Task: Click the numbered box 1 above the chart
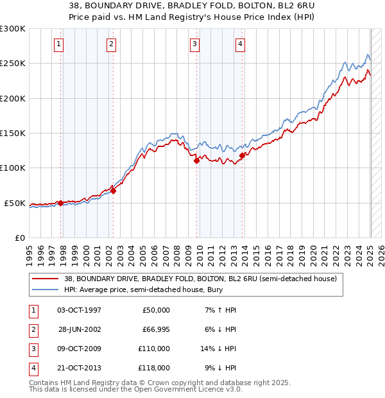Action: tap(58, 44)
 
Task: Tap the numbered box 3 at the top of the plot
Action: tap(194, 44)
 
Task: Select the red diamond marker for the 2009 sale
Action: tap(197, 161)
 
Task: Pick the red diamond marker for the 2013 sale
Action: tap(242, 155)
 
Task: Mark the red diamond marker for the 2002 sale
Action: tap(113, 191)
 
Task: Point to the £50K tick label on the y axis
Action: tap(14, 203)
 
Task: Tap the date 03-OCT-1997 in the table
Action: tap(79, 310)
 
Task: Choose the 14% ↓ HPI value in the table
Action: tap(218, 349)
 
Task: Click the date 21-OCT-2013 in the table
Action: tap(79, 368)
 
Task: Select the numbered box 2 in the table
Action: tap(31, 329)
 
